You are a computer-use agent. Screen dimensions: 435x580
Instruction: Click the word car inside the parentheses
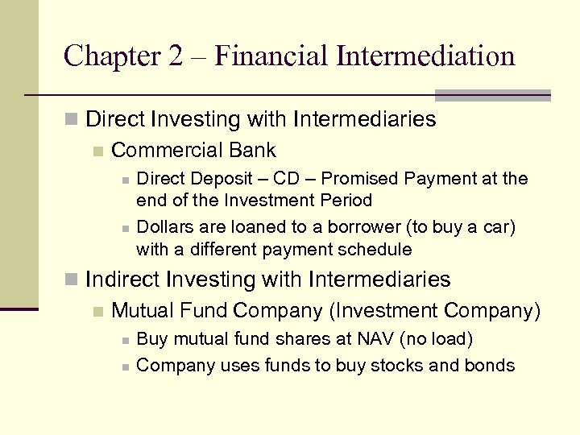(497, 228)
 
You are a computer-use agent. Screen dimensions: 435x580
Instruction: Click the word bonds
(489, 366)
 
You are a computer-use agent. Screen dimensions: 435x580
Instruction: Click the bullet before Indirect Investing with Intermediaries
(72, 280)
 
